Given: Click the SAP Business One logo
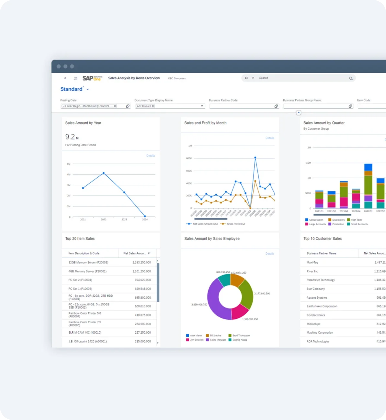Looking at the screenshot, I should [92, 78].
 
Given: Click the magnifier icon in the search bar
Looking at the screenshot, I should [351, 78].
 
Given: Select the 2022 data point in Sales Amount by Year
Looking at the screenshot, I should [104, 173].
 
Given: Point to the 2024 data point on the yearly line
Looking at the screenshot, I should [145, 216].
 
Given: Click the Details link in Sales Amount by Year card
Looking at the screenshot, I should [151, 156].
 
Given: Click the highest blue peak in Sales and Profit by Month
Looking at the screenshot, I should [255, 158].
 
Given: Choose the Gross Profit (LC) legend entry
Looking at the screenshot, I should [235, 224].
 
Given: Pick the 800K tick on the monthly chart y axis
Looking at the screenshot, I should [189, 158].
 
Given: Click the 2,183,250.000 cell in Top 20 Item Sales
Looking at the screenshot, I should [142, 262].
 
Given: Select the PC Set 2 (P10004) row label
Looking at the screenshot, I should [80, 280].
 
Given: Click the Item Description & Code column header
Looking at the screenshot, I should [84, 253].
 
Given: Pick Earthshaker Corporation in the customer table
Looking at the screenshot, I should [322, 306].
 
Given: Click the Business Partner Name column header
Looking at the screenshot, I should [321, 253].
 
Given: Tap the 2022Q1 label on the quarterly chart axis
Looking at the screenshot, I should [368, 211].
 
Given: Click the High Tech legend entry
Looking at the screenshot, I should [356, 220].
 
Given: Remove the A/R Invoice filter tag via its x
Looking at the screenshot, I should [153, 106].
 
